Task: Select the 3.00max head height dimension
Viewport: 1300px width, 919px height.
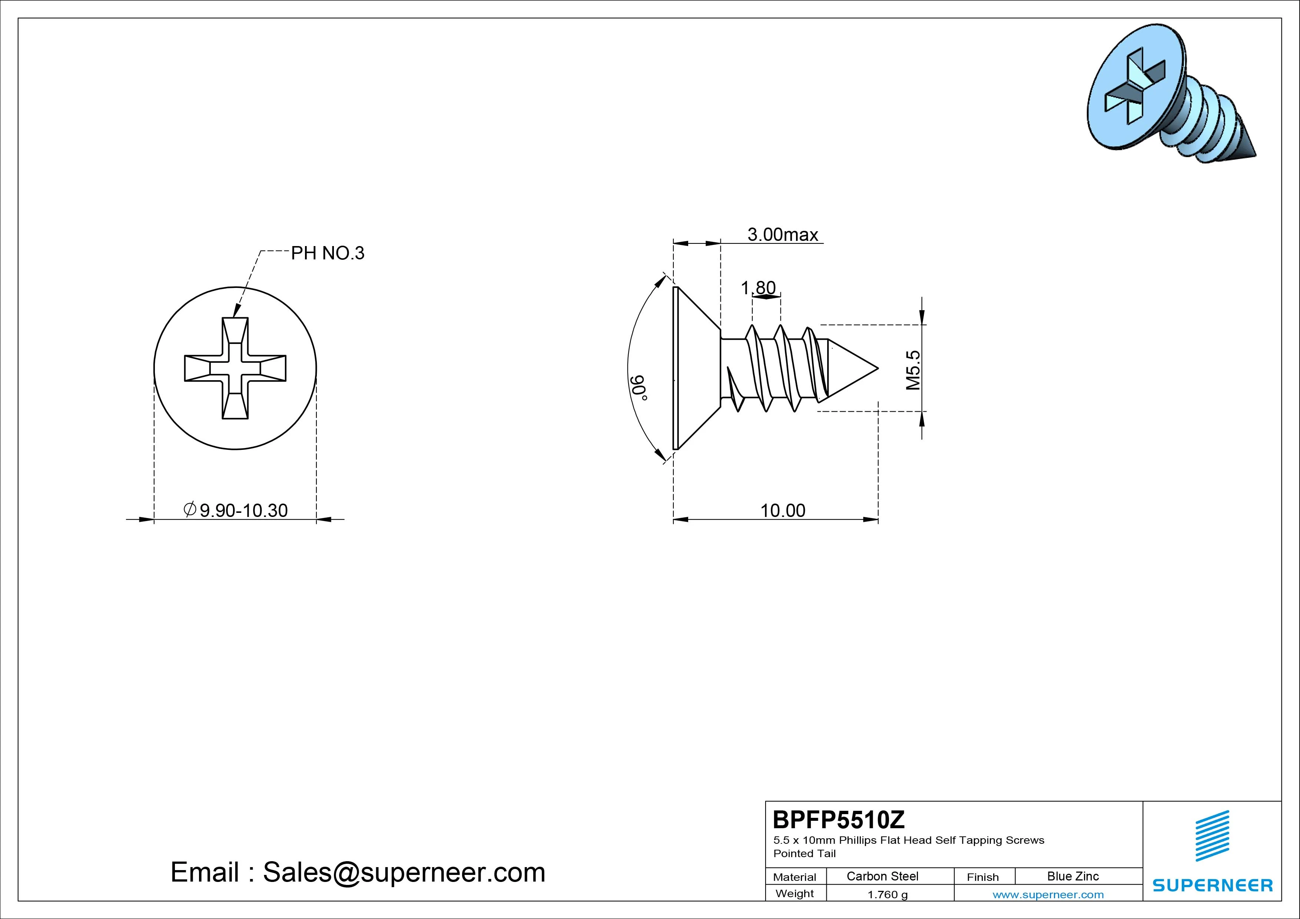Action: coord(783,235)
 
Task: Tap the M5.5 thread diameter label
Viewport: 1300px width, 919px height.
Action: coord(913,370)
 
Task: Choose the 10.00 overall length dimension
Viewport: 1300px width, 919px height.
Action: coord(783,510)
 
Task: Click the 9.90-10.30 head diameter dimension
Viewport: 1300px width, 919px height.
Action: coord(236,510)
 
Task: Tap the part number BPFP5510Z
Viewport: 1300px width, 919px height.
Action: coord(839,819)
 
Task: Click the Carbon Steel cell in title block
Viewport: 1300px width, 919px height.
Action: coord(882,876)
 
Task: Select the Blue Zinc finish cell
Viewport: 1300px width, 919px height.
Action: coord(1073,876)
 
